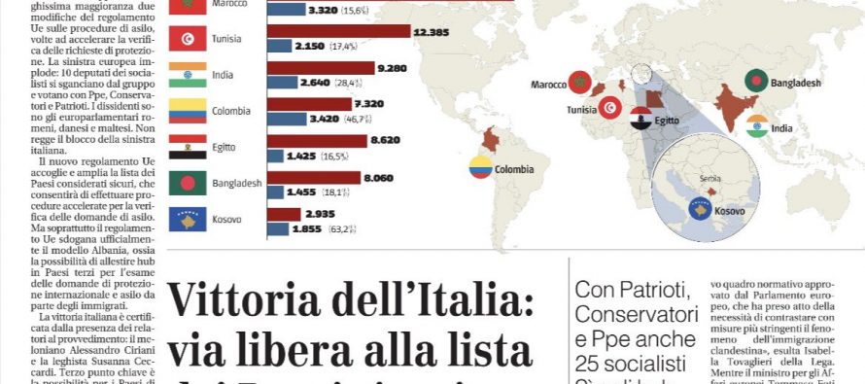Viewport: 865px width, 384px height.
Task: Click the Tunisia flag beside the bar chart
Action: (x=187, y=39)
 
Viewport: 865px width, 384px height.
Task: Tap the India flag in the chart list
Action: (x=187, y=75)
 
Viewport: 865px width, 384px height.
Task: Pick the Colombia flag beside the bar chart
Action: (x=187, y=111)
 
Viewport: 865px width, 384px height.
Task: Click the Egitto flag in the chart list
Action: (x=187, y=147)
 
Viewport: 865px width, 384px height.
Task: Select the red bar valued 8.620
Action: (x=316, y=140)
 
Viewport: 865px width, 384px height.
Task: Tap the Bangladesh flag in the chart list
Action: (x=187, y=183)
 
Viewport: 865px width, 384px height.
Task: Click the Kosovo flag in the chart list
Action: (x=187, y=220)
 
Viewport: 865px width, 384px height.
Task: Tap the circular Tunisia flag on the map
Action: (x=610, y=109)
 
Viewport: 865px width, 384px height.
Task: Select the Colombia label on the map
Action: (x=514, y=169)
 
